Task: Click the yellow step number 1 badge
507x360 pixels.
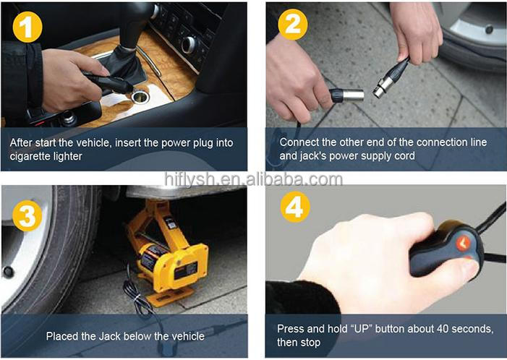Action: pos(27,27)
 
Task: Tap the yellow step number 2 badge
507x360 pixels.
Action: pos(293,25)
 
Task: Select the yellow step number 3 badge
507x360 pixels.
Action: pos(27,215)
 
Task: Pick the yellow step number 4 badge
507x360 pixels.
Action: pos(295,207)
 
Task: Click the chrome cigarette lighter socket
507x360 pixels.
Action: pos(140,97)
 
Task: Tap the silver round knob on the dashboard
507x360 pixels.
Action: pos(189,45)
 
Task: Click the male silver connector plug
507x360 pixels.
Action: pos(347,95)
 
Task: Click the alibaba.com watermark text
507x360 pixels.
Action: pos(253,179)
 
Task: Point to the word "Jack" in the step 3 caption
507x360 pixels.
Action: pos(110,336)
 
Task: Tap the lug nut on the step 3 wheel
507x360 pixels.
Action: pos(8,272)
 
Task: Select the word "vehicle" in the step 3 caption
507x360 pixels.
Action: pos(188,336)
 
